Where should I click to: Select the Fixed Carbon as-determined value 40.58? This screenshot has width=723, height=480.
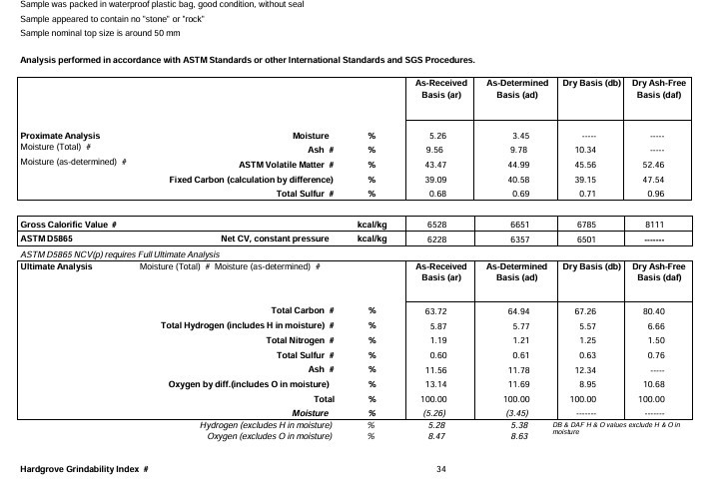pyautogui.click(x=517, y=179)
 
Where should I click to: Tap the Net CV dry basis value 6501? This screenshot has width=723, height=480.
pyautogui.click(x=587, y=240)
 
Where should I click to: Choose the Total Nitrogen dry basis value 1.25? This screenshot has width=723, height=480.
pyautogui.click(x=587, y=340)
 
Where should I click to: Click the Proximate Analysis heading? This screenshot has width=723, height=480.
pyautogui.click(x=60, y=135)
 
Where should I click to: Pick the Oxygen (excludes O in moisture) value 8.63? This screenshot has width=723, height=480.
pyautogui.click(x=517, y=436)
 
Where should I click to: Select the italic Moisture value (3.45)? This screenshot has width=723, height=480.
pyautogui.click(x=517, y=412)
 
